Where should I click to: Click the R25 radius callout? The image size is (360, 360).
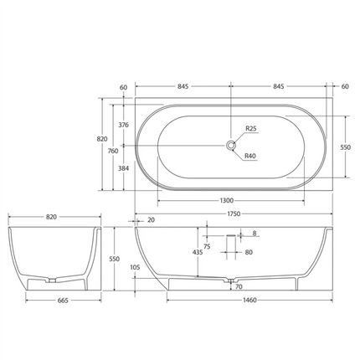(x=250, y=129)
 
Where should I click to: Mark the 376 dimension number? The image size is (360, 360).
(x=123, y=125)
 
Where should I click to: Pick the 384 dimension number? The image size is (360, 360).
(x=123, y=167)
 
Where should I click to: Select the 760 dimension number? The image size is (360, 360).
(x=112, y=151)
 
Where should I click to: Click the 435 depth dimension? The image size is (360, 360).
(x=197, y=251)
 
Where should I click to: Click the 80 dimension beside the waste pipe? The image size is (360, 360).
(x=249, y=251)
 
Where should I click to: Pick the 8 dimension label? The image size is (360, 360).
(x=255, y=233)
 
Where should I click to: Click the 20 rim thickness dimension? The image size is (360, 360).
(x=151, y=220)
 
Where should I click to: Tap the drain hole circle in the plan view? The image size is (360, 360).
(x=229, y=145)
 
